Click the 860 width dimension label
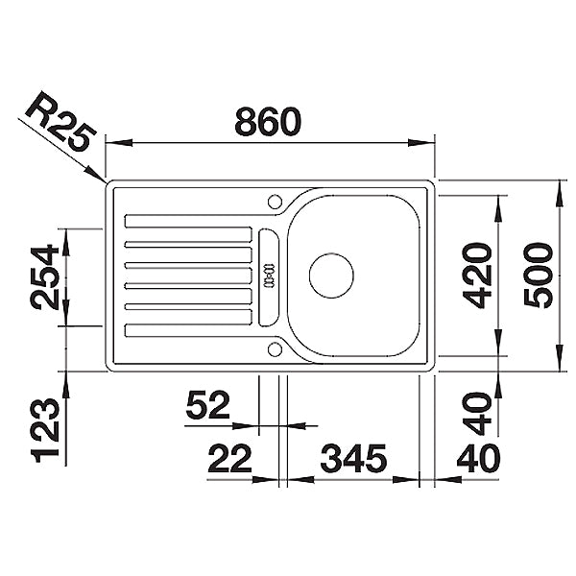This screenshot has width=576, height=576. click(x=268, y=121)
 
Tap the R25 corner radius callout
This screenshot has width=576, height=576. click(x=61, y=121)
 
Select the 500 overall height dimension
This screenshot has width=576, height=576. click(x=539, y=276)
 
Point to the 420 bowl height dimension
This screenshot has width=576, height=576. click(x=477, y=275)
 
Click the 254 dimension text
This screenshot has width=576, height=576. click(x=44, y=278)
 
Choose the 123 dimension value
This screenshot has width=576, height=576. click(x=45, y=430)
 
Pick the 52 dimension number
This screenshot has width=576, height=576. click(x=208, y=405)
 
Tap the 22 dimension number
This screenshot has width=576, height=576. click(x=230, y=458)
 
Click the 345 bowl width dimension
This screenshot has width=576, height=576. click(x=353, y=458)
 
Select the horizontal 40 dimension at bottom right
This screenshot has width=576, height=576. click(x=478, y=458)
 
